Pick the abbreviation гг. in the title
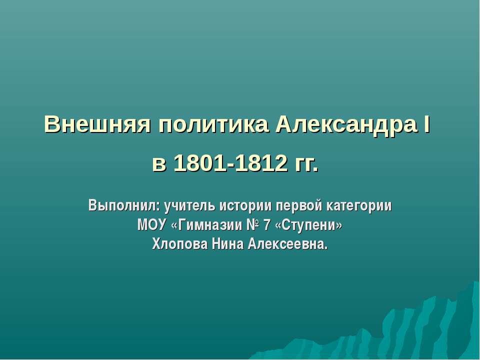tap(303, 163)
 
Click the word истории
tap(244, 205)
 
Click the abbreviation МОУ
tap(152, 225)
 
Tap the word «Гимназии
tap(205, 225)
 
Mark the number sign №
tap(252, 225)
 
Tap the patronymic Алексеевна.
tap(288, 244)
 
